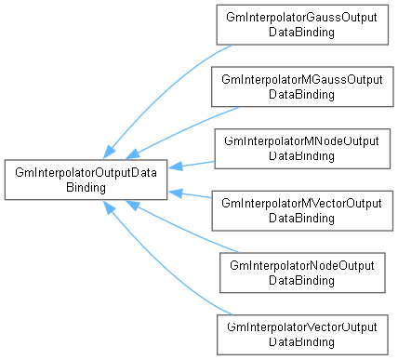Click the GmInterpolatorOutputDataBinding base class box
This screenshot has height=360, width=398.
[x=86, y=180]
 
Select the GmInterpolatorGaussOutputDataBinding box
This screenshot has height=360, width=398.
[x=302, y=25]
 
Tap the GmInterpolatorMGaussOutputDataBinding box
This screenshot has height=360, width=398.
[x=302, y=87]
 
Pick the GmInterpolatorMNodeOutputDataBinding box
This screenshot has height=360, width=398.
[x=302, y=149]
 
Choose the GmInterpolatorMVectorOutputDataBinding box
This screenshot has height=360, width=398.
[x=302, y=211]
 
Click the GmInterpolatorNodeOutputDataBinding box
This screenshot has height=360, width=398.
[x=302, y=273]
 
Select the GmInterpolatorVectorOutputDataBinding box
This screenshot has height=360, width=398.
[x=302, y=335]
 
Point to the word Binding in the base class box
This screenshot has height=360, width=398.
[x=86, y=188]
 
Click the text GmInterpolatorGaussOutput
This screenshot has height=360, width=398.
[x=301, y=18]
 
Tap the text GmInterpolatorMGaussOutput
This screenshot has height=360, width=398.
[x=302, y=80]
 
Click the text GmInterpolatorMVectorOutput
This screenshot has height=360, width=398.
[x=301, y=204]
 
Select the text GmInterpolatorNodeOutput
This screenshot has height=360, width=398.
[x=302, y=266]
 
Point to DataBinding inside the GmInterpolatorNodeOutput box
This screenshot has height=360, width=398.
[x=301, y=280]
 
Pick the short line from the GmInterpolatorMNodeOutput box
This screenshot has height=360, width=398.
[x=192, y=165]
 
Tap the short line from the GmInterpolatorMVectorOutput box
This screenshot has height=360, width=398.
[x=192, y=194]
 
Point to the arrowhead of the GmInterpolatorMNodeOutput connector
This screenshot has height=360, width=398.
[x=176, y=167]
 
